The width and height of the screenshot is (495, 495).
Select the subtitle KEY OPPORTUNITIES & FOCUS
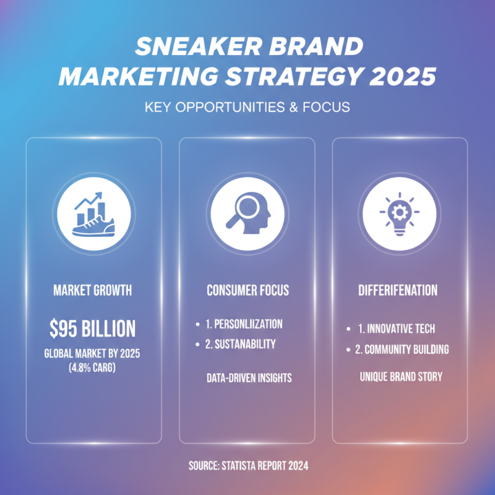pyautogui.click(x=247, y=107)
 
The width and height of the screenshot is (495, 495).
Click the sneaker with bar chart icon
pyautogui.click(x=93, y=214)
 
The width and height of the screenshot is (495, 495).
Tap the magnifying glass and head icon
pyautogui.click(x=247, y=214)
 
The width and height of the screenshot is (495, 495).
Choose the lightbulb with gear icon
pyautogui.click(x=400, y=214)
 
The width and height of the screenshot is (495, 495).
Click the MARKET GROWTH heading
pyautogui.click(x=93, y=290)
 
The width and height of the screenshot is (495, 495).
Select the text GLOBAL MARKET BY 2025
pyautogui.click(x=93, y=355)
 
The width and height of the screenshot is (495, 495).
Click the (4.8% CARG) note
pyautogui.click(x=93, y=369)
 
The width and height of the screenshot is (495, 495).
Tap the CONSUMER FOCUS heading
pyautogui.click(x=247, y=290)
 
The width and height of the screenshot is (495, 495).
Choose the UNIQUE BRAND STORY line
pyautogui.click(x=400, y=376)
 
